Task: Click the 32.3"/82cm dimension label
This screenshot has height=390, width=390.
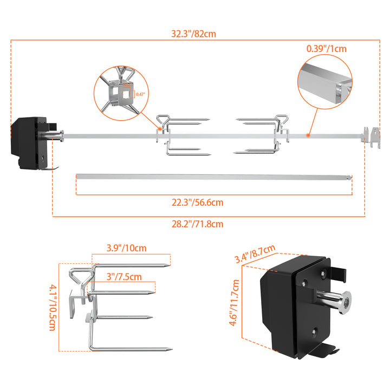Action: pyautogui.click(x=193, y=34)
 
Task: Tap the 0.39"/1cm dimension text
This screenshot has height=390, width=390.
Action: pyautogui.click(x=326, y=48)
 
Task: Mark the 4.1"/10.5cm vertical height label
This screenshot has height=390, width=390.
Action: pyautogui.click(x=53, y=307)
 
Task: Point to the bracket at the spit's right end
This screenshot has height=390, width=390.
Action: pyautogui.click(x=370, y=136)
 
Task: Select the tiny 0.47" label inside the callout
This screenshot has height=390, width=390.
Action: pyautogui.click(x=140, y=94)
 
